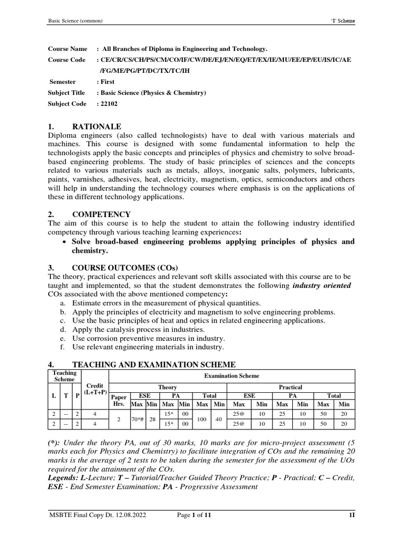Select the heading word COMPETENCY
101,214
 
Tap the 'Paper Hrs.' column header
119,401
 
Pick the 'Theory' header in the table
168,387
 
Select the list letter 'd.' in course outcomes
63,329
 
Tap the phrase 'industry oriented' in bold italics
322,285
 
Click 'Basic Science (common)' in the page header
75,21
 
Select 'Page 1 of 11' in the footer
194,517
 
